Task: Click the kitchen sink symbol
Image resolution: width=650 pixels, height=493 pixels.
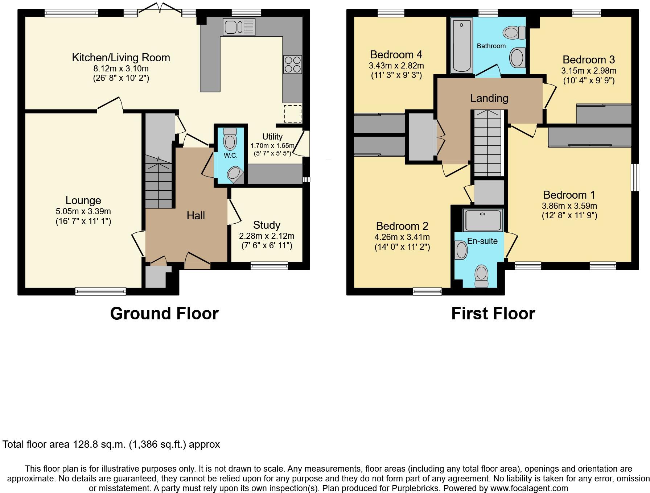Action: [239, 27]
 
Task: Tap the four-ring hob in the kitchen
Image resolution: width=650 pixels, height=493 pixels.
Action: [293, 65]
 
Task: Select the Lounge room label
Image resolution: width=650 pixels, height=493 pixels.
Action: [83, 200]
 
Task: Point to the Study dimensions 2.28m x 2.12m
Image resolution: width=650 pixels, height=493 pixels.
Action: [267, 236]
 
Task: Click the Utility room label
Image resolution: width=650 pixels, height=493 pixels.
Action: [272, 137]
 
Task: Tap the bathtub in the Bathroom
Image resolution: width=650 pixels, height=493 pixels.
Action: [461, 46]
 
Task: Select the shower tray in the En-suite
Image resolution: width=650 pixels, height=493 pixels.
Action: [482, 220]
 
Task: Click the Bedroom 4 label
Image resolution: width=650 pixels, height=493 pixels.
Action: [396, 55]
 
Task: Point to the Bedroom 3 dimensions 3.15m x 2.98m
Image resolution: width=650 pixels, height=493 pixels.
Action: [589, 71]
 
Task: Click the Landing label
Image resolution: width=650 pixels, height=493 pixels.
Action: [489, 98]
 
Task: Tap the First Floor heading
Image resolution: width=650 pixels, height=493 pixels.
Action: [493, 314]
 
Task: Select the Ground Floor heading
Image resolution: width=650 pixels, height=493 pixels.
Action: [164, 314]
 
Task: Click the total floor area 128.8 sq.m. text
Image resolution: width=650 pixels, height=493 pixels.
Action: [111, 444]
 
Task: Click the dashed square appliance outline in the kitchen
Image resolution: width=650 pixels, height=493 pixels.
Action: [292, 113]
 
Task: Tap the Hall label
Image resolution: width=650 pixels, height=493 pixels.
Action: [196, 216]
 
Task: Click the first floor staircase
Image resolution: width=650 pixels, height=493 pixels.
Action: [487, 143]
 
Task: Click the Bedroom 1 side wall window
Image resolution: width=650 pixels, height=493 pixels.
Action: [635, 177]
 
